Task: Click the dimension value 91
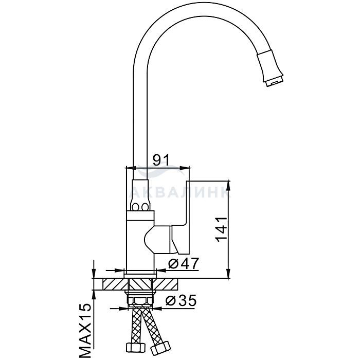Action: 161,160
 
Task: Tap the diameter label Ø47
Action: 183,263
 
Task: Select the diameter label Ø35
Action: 181,300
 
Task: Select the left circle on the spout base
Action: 135,207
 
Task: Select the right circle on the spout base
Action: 145,207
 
